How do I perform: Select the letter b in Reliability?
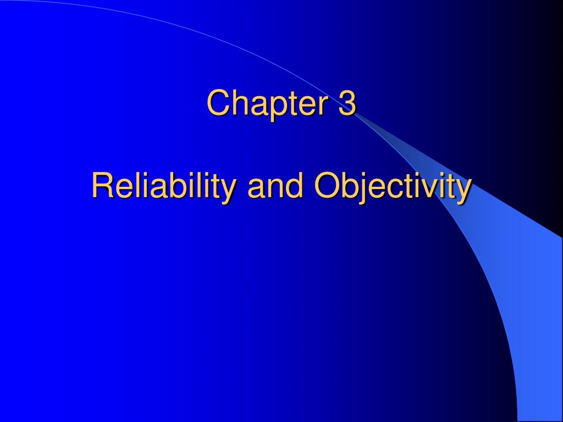167,185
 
